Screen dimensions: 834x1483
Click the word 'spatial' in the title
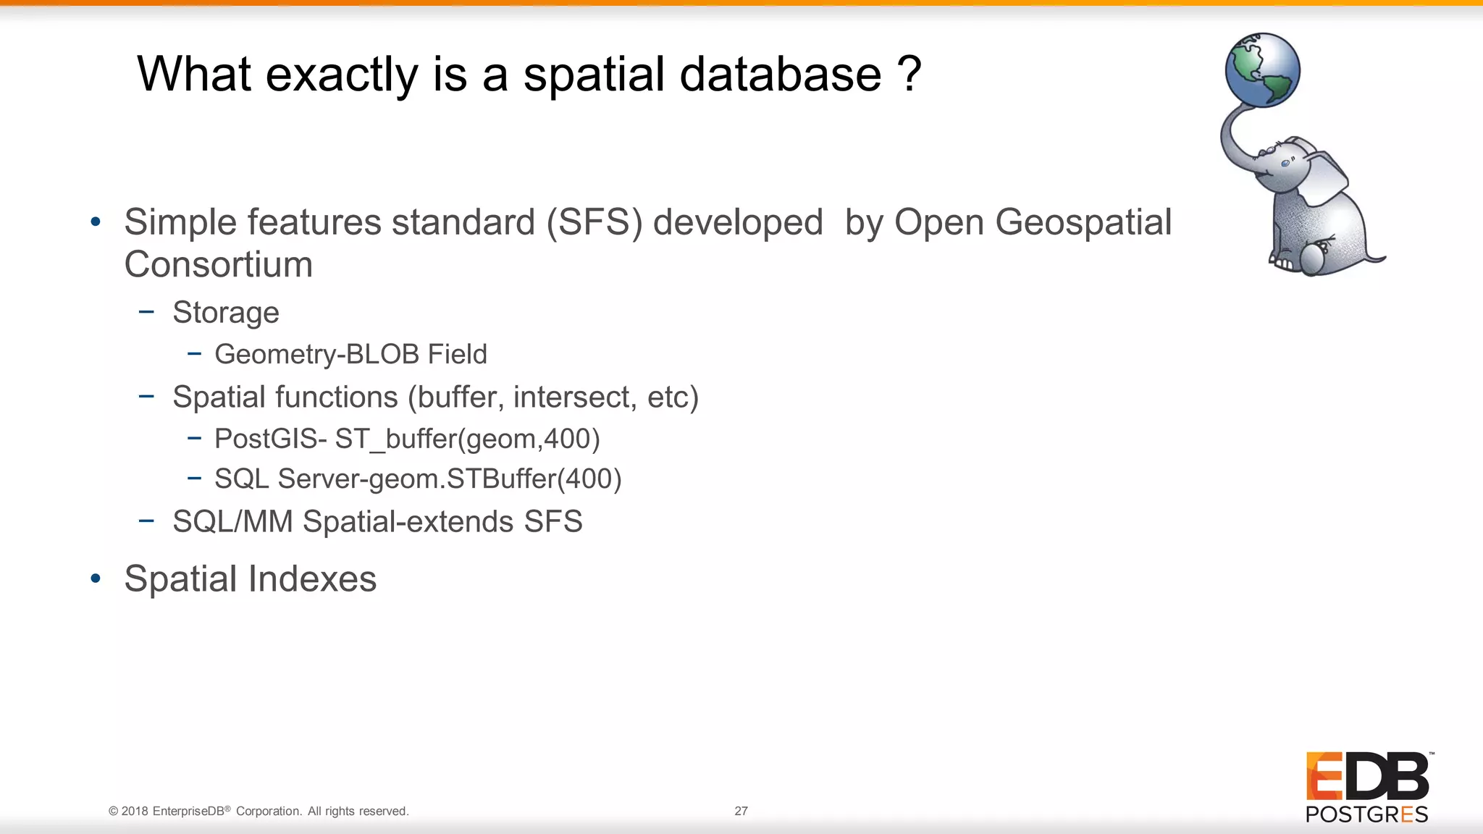click(593, 75)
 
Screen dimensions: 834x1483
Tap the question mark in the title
click(909, 75)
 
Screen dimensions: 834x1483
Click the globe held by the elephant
click(1262, 70)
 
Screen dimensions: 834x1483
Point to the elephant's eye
click(1285, 164)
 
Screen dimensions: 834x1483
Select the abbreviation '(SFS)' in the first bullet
click(594, 222)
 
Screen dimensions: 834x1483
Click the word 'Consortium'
click(218, 264)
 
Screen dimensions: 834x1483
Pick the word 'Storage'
click(225, 313)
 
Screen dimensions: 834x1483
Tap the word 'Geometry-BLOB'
click(316, 355)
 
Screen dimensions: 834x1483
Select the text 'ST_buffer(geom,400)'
click(467, 439)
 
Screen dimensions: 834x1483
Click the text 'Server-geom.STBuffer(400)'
click(449, 479)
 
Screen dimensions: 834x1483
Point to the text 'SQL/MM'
click(232, 521)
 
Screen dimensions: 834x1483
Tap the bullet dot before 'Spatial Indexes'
click(96, 578)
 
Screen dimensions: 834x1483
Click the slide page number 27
click(741, 811)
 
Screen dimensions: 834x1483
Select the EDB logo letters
click(1367, 776)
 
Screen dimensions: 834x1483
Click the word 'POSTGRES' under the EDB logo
click(1366, 814)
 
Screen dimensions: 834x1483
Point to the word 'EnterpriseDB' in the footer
click(188, 811)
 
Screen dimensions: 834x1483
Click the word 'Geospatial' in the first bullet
click(1083, 222)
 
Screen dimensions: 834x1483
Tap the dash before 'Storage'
click(146, 312)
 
